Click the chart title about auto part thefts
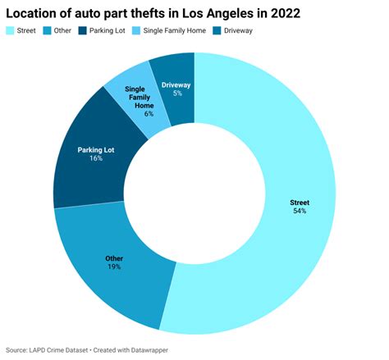pos(153,14)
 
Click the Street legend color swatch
pos(11,31)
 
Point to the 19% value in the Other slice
pos(114,267)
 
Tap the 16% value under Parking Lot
pos(96,158)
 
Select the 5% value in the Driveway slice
pos(176,93)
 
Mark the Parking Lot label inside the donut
pos(97,149)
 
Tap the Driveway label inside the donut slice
pos(176,84)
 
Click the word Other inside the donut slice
pos(114,258)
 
